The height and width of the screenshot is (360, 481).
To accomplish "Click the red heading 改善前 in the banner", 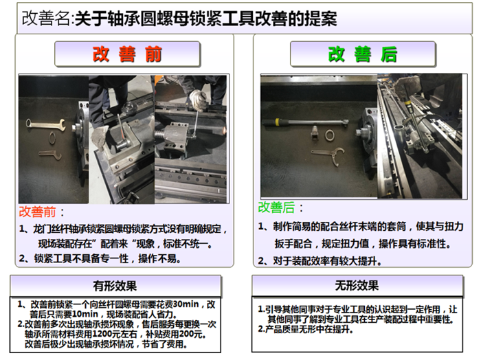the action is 127,54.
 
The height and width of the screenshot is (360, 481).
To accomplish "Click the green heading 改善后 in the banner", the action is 363,54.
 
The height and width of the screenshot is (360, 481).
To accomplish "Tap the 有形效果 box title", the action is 115,286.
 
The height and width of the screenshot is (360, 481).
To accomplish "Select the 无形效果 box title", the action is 357,286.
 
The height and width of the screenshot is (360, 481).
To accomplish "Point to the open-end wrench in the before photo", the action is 45,124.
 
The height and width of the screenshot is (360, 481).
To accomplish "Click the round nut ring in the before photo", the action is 53,137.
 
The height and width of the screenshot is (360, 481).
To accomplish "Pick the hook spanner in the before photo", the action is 49,155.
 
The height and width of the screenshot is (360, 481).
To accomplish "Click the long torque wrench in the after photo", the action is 306,123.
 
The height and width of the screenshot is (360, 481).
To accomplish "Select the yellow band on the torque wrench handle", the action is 277,122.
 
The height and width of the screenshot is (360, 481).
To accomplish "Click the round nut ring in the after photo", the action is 330,135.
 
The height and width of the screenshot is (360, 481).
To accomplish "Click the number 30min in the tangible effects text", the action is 186,304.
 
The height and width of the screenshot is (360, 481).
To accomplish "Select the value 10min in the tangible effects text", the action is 85,314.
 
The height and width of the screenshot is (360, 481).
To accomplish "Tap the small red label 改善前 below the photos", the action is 37,212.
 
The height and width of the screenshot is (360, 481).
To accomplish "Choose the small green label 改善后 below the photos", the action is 276,207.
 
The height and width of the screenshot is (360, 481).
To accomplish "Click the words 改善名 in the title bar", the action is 46,19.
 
